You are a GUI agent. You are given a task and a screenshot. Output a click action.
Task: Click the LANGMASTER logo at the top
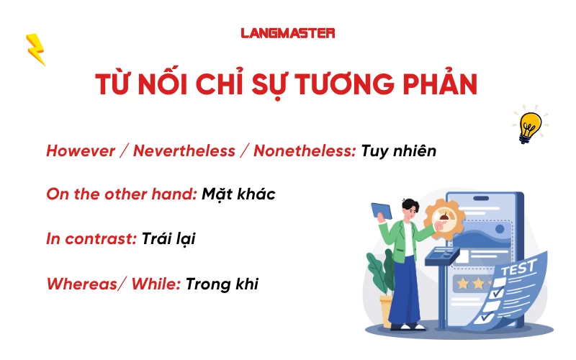288,32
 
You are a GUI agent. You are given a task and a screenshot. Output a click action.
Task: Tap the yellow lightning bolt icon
35,49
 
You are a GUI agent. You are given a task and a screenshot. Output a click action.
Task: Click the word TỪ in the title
113,83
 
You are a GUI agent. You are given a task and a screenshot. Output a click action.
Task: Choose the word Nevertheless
184,151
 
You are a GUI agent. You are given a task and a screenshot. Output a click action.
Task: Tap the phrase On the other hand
121,194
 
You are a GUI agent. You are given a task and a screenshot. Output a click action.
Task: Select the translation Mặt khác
238,194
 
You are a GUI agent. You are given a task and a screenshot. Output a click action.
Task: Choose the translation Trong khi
222,284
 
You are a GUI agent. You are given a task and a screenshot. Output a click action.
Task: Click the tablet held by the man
381,210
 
